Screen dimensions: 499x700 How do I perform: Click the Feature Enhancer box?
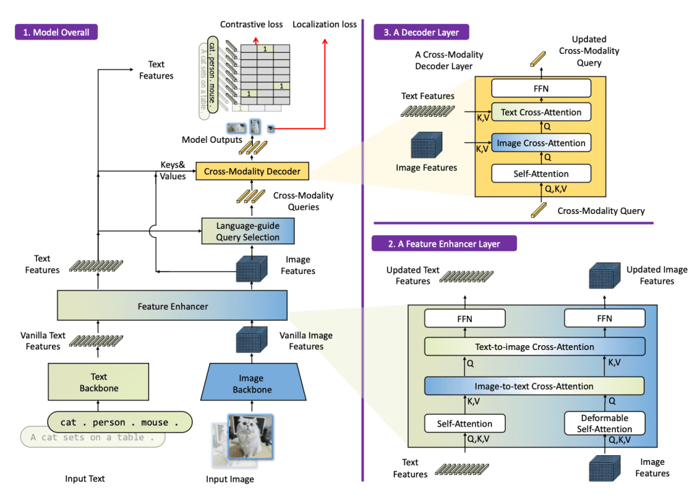(172, 306)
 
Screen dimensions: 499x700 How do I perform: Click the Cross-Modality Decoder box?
(252, 172)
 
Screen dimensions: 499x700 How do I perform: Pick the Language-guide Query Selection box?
(247, 231)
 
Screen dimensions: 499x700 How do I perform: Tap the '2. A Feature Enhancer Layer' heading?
(444, 244)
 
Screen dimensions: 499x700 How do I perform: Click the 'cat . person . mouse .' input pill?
(120, 422)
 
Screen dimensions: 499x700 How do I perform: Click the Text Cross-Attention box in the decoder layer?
(541, 112)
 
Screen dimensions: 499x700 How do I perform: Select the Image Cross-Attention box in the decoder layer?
(541, 143)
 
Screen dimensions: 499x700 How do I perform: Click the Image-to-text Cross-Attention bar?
(534, 386)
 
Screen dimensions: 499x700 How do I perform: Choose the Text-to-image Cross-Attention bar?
(534, 347)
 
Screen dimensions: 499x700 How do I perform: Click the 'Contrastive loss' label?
(251, 25)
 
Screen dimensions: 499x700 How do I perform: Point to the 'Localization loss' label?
(325, 25)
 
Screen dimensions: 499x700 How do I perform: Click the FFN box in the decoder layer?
(541, 88)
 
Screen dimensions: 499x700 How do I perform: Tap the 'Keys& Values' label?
(172, 171)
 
